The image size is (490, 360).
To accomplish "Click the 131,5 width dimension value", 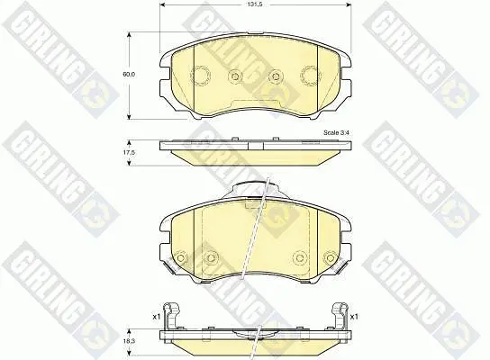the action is [x=256, y=4].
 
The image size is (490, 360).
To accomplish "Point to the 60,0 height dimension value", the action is [x=128, y=75].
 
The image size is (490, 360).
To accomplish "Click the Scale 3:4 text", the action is [x=336, y=132].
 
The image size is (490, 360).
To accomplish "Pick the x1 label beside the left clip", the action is [x=156, y=317].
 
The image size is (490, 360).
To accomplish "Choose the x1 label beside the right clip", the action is [x=354, y=317].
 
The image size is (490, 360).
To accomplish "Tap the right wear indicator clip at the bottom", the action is [x=340, y=315].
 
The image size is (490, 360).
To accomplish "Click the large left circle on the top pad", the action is [x=200, y=76].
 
